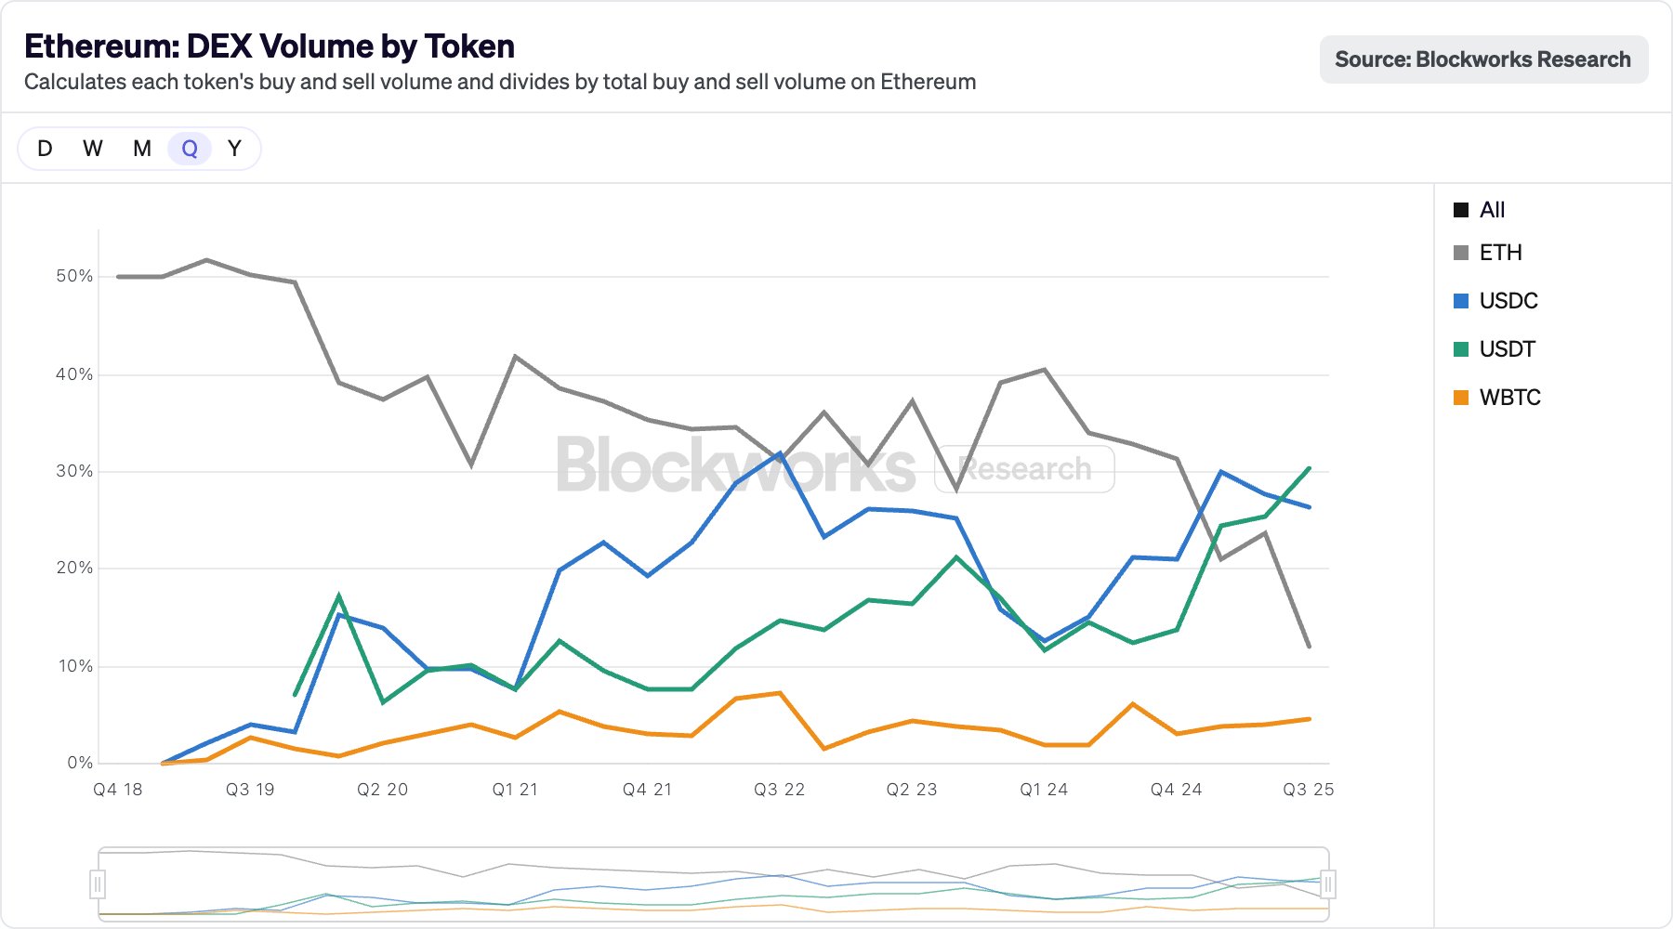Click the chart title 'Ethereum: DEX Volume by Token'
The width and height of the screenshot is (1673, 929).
click(270, 46)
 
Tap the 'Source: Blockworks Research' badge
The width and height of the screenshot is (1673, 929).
click(1483, 59)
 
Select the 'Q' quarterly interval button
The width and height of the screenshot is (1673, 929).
click(190, 149)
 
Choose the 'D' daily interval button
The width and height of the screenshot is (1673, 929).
click(45, 149)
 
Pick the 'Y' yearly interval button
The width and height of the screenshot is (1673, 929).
click(234, 149)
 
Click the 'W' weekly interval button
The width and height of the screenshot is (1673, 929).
click(93, 149)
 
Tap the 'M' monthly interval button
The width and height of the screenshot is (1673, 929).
click(142, 149)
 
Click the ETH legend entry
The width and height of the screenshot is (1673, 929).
click(1499, 253)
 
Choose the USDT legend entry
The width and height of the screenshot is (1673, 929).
click(1507, 349)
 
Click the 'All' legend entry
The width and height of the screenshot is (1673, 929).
click(1491, 210)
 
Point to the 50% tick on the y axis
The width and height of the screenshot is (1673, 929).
click(74, 276)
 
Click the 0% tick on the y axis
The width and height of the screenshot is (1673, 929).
click(80, 763)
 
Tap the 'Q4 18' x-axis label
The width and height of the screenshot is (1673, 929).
click(118, 790)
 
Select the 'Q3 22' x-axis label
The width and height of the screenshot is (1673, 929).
click(779, 790)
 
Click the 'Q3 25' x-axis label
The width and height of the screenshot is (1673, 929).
click(1308, 790)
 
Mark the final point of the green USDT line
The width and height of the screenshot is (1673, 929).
click(1310, 468)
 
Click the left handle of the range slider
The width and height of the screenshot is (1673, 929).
click(99, 883)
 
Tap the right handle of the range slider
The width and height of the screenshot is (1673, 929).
click(1328, 883)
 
